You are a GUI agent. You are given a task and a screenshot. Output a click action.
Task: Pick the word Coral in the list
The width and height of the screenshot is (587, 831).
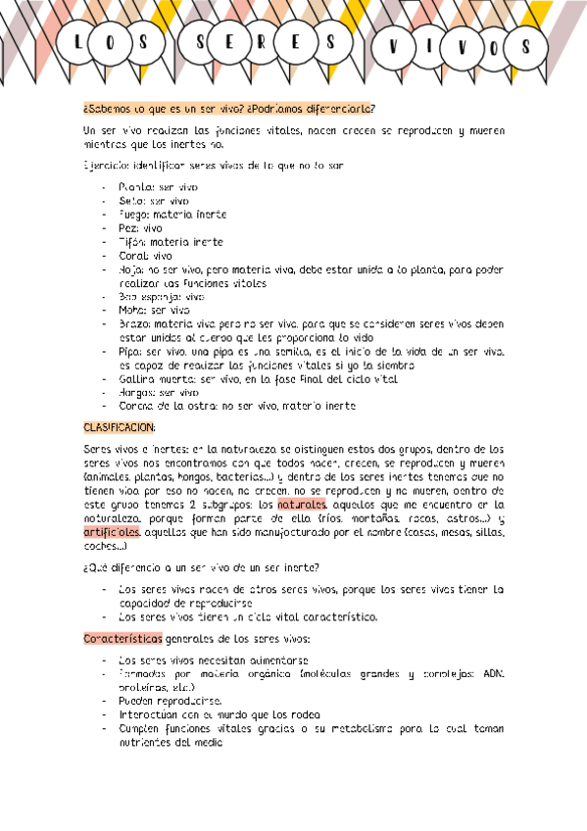pyautogui.click(x=131, y=255)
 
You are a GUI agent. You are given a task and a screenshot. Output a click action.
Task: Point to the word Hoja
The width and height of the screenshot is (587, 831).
pyautogui.click(x=130, y=269)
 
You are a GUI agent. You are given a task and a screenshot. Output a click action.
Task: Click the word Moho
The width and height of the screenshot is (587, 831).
pyautogui.click(x=131, y=310)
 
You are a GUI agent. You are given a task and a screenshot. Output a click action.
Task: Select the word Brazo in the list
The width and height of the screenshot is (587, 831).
pyautogui.click(x=133, y=323)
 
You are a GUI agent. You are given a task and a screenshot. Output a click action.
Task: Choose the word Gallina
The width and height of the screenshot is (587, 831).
pyautogui.click(x=136, y=378)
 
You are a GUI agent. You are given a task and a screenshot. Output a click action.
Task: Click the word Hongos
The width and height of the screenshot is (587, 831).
pyautogui.click(x=137, y=392)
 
